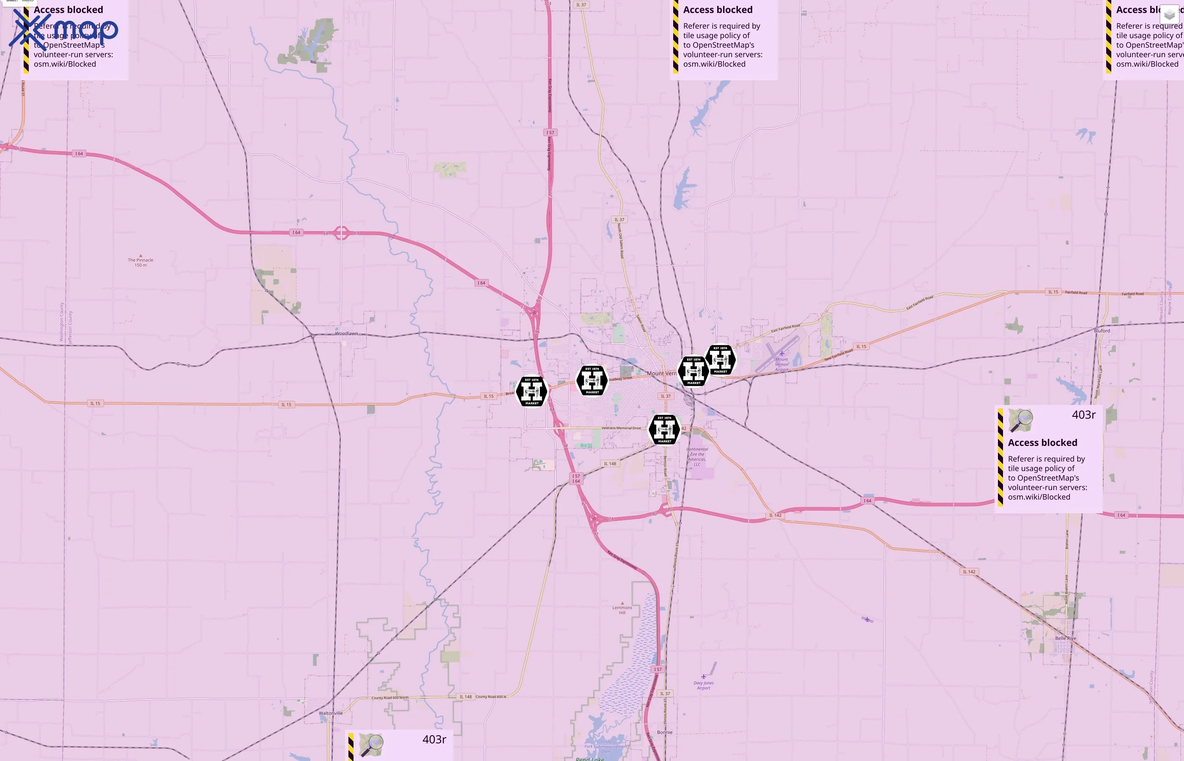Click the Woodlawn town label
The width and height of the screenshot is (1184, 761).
pyautogui.click(x=346, y=334)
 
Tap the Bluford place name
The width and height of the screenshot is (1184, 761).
pyautogui.click(x=1102, y=331)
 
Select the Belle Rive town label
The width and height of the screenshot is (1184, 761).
pyautogui.click(x=1066, y=638)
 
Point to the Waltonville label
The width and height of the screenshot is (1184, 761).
pyautogui.click(x=331, y=713)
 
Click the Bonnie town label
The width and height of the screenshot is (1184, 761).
pyautogui.click(x=665, y=732)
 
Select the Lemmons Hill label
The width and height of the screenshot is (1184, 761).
pyautogui.click(x=622, y=610)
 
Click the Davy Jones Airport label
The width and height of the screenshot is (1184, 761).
pyautogui.click(x=704, y=685)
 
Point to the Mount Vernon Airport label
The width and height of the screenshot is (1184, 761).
pyautogui.click(x=781, y=364)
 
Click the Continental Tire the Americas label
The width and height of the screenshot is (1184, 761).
pyautogui.click(x=697, y=457)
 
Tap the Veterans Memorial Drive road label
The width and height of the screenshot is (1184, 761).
pyautogui.click(x=621, y=428)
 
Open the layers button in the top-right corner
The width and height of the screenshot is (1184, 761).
pyautogui.click(x=1169, y=15)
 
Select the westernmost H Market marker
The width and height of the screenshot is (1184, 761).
pyautogui.click(x=532, y=391)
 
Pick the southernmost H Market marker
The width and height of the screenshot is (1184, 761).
pyautogui.click(x=665, y=430)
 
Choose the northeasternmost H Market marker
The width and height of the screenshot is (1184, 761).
pyautogui.click(x=721, y=360)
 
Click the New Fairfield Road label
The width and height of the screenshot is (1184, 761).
pyautogui.click(x=838, y=355)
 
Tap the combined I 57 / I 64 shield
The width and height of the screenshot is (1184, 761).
pyautogui.click(x=576, y=478)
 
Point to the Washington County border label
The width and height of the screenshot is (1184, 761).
pyautogui.click(x=62, y=322)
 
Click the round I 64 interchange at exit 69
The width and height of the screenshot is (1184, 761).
pyautogui.click(x=342, y=233)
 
